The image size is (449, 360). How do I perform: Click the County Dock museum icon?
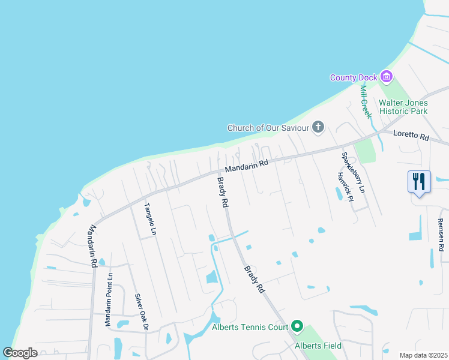(386, 77)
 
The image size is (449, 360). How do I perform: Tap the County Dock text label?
(354, 77)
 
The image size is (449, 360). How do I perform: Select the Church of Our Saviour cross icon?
(318, 127)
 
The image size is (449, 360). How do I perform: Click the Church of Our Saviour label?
(268, 128)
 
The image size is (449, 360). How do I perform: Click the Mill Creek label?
(366, 101)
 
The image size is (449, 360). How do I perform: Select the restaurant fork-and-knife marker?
(419, 181)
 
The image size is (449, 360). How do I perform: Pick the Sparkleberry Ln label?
(353, 172)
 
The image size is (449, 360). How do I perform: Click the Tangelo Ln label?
(150, 218)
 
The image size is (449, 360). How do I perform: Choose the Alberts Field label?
(318, 346)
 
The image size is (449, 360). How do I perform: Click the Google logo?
(20, 353)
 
